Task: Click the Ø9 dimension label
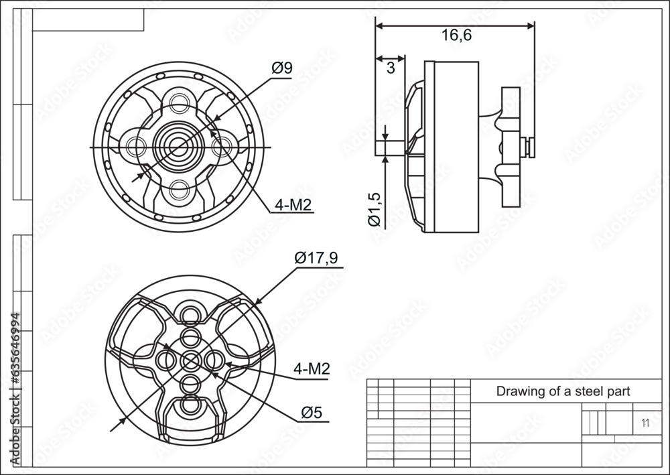pos(281,68)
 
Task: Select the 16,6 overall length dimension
pos(456,37)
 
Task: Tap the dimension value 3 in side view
pos(390,67)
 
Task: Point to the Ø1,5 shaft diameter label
pos(375,208)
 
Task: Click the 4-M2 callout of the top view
pos(293,205)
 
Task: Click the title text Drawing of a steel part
pos(562,392)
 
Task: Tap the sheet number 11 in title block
pos(645,423)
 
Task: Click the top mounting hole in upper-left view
pos(180,103)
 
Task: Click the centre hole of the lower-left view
pos(190,360)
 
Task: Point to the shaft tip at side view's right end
pos(530,146)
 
